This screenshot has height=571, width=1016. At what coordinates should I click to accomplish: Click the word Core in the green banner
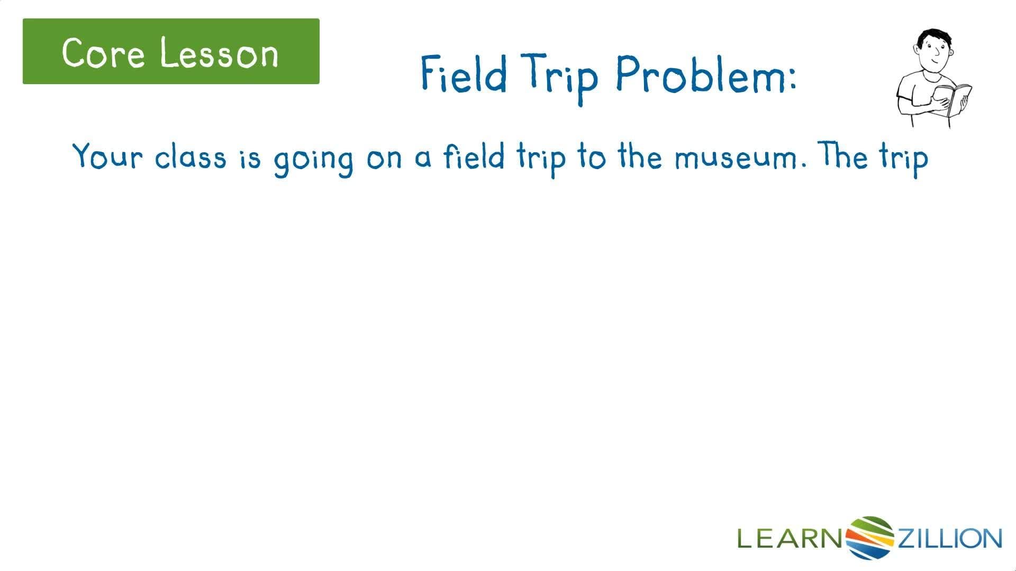(x=103, y=52)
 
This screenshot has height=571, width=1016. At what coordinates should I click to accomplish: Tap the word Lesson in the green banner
(x=219, y=53)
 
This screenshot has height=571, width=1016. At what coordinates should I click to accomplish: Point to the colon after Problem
(x=792, y=79)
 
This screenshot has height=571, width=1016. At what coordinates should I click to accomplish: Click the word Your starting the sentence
(x=108, y=156)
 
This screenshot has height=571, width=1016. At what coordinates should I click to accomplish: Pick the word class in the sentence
(x=190, y=156)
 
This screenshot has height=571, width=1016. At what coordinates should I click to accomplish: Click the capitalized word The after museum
(x=843, y=156)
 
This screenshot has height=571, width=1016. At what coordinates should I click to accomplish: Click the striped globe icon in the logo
(x=869, y=537)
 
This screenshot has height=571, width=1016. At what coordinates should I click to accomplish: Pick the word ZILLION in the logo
(x=949, y=538)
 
